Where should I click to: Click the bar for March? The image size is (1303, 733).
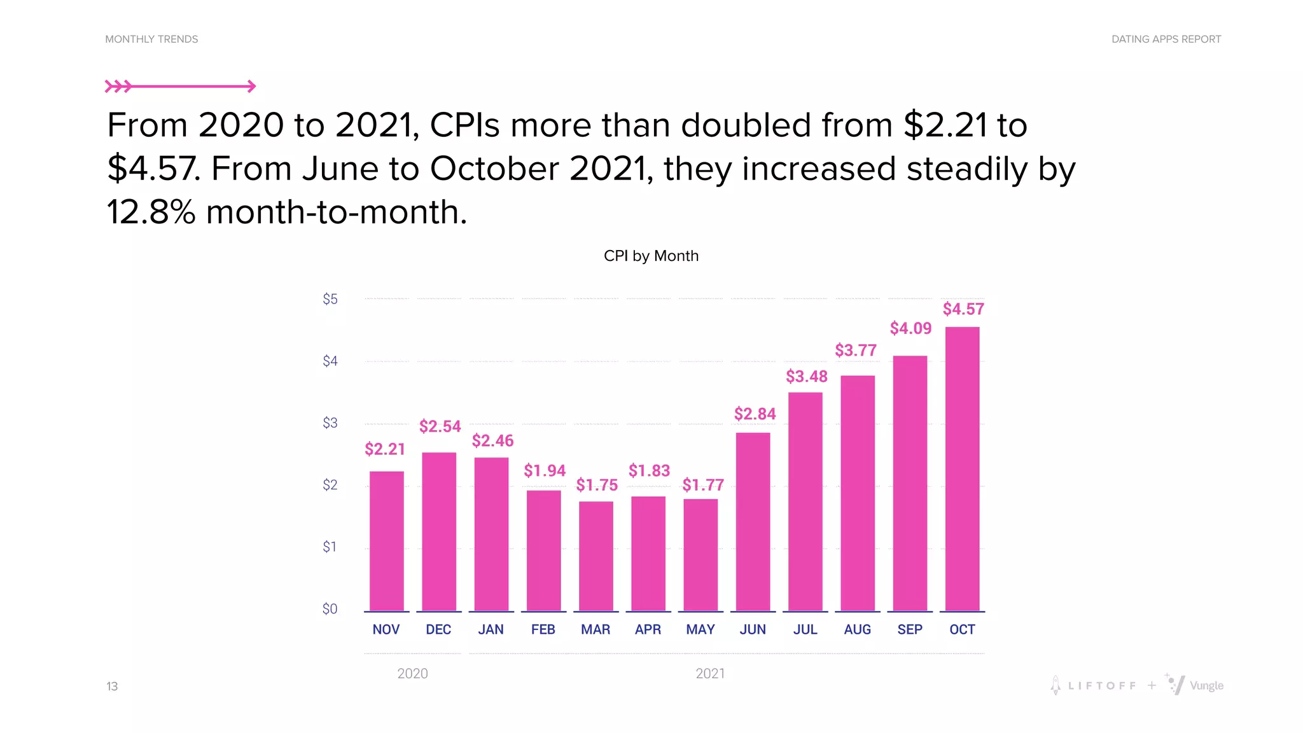596,556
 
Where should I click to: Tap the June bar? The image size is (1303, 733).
753,522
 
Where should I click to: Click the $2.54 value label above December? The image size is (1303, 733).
440,426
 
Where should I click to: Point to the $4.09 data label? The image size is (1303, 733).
910,328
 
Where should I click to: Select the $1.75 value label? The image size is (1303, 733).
597,485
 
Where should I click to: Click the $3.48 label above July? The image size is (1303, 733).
806,377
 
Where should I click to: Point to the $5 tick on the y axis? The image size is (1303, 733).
330,299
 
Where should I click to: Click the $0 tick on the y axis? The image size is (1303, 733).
330,609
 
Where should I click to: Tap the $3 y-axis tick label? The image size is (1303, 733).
330,423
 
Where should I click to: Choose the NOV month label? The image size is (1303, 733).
386,629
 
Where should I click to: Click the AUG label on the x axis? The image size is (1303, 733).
857,629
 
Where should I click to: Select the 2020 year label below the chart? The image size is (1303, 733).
412,673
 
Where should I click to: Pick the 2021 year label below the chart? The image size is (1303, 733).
710,673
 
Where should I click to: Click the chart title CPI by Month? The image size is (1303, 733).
651,256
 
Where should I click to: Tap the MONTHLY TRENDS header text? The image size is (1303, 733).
151,39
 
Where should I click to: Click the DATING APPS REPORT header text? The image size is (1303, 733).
1166,39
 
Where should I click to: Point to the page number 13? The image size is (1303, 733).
112,686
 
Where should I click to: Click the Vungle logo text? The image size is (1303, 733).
1206,686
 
